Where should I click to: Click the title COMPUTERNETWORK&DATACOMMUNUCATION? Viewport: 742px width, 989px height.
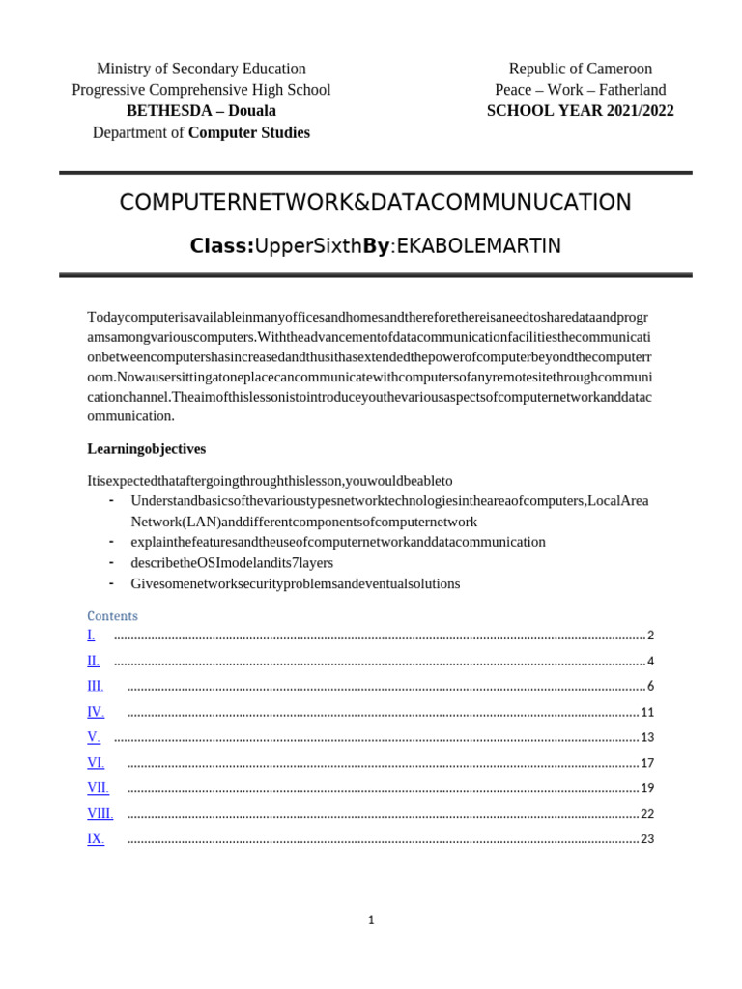click(375, 202)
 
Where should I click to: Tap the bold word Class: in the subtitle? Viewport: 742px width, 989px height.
click(221, 246)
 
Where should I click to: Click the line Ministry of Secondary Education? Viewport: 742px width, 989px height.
click(201, 69)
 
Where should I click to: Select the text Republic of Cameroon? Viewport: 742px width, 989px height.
click(580, 69)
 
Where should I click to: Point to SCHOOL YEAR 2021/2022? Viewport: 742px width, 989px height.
click(580, 111)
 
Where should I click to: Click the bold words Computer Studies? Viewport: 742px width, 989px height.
click(248, 132)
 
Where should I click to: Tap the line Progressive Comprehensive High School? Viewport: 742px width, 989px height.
click(201, 90)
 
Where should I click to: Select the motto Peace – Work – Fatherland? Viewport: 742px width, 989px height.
click(580, 90)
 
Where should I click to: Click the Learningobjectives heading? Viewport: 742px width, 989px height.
click(146, 449)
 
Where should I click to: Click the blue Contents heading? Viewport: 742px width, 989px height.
click(112, 616)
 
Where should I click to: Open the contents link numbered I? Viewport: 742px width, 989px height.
click(91, 636)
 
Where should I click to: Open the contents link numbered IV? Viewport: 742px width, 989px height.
click(96, 712)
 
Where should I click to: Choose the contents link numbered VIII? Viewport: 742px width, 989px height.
click(100, 813)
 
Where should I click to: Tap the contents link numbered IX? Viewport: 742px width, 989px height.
click(96, 838)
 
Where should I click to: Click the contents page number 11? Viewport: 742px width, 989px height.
click(647, 712)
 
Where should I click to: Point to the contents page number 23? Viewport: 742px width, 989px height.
click(647, 838)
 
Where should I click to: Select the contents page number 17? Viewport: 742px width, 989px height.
click(647, 763)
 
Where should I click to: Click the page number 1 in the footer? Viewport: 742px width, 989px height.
click(371, 920)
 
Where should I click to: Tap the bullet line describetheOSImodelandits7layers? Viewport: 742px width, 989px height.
click(232, 562)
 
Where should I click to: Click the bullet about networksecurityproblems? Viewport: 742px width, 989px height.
click(295, 583)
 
